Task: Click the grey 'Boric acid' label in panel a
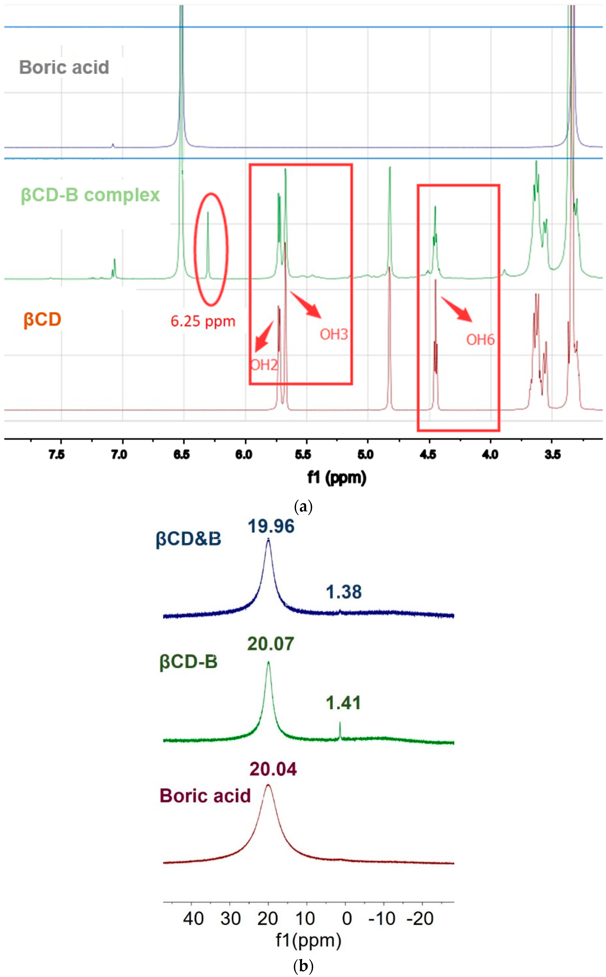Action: pyautogui.click(x=64, y=67)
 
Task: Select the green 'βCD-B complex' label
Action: pyautogui.click(x=90, y=195)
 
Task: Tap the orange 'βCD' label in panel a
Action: pyautogui.click(x=42, y=320)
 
